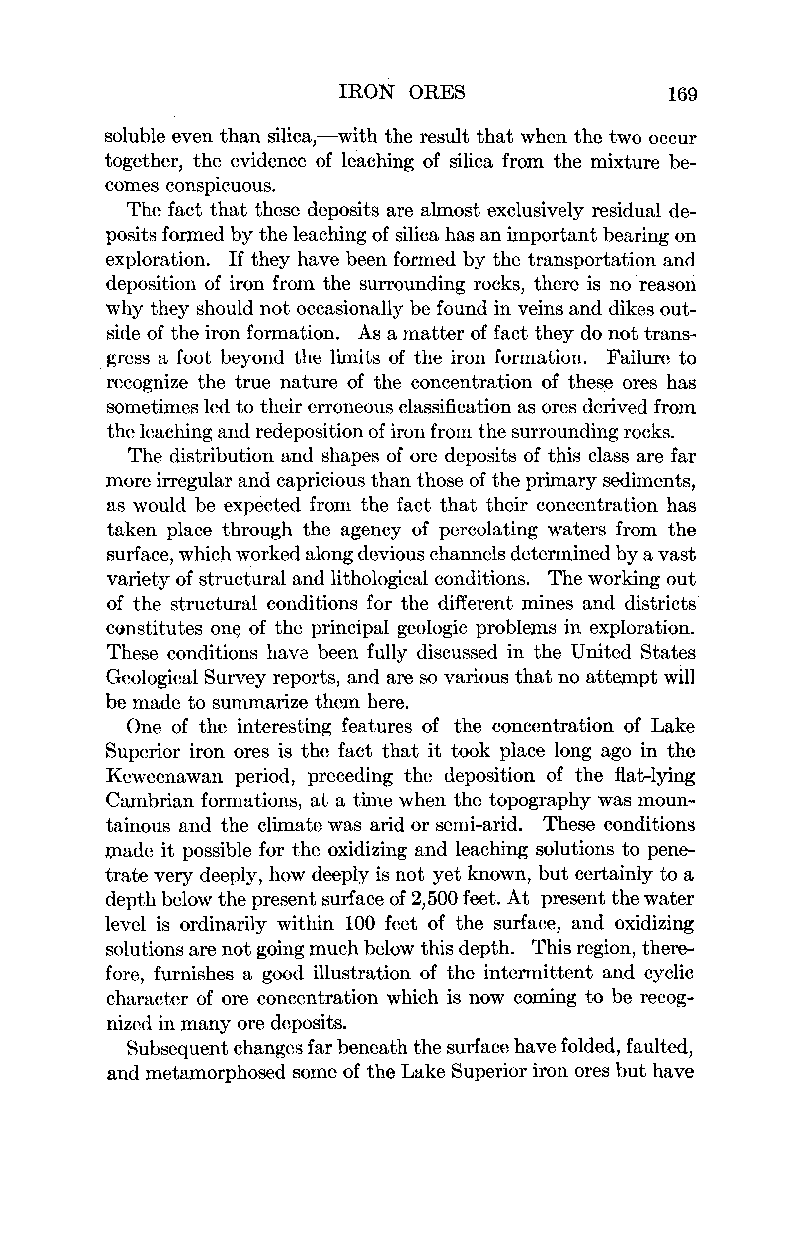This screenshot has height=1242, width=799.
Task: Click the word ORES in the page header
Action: (x=437, y=92)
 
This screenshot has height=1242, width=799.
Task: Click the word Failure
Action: (x=637, y=358)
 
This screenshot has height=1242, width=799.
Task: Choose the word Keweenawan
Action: (x=164, y=777)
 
